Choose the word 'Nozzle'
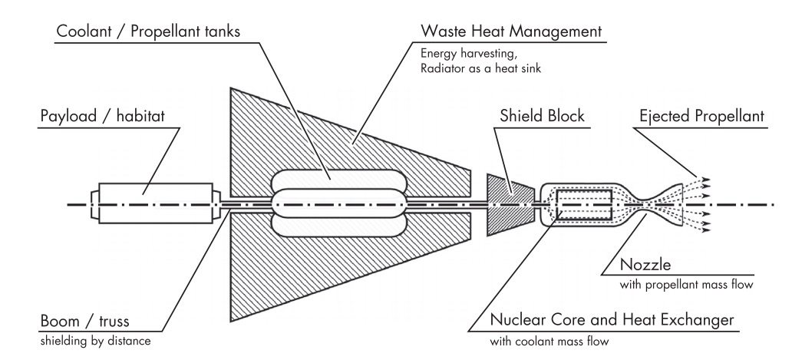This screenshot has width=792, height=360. [x=645, y=265]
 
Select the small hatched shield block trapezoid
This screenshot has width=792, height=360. [x=508, y=203]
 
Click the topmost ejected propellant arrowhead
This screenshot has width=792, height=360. [x=707, y=179]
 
